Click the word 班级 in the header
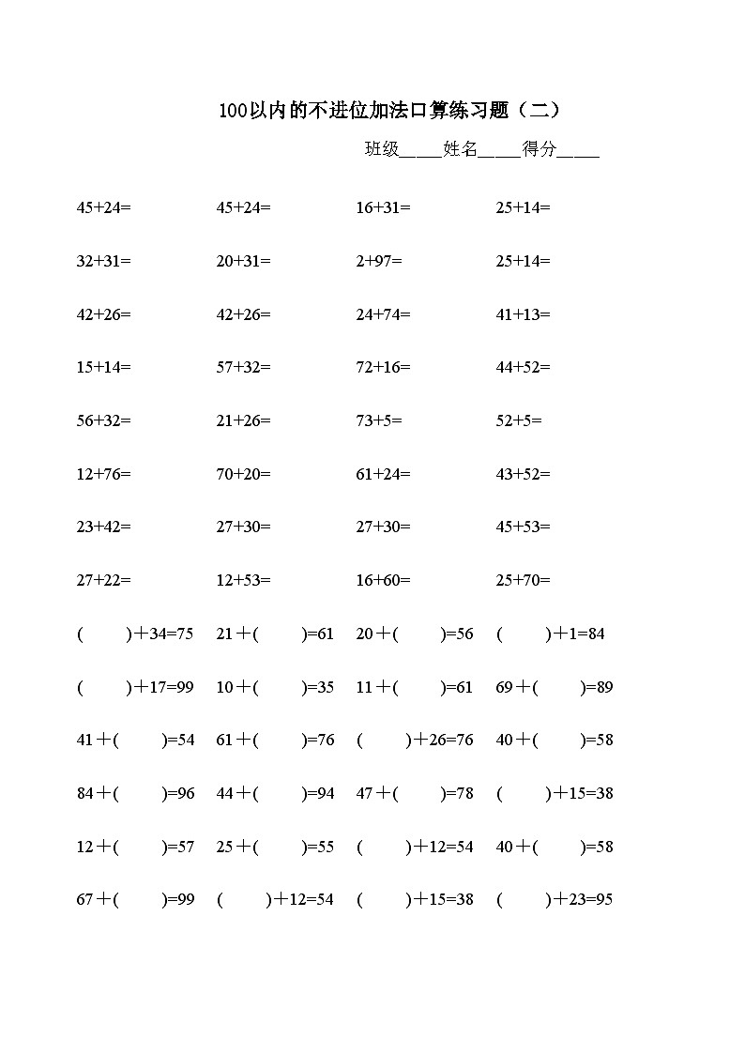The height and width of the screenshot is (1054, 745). click(382, 148)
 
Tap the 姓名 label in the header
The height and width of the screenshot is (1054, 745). click(461, 148)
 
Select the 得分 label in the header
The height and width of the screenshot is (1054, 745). click(540, 148)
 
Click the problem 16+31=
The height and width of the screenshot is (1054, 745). click(383, 207)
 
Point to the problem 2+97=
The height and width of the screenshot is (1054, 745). click(379, 261)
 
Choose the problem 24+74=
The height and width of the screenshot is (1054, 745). click(383, 314)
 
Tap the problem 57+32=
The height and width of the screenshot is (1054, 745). click(243, 367)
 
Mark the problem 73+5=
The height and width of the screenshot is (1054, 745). click(379, 421)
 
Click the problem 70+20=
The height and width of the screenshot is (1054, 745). click(243, 474)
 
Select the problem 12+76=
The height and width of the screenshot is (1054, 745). click(103, 474)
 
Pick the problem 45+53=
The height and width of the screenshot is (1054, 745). click(523, 527)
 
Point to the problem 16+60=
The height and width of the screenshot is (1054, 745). click(383, 580)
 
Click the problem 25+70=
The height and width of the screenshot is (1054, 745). click(523, 580)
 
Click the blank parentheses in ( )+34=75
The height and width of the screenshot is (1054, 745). click(104, 634)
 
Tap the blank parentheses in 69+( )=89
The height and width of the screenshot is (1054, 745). click(559, 688)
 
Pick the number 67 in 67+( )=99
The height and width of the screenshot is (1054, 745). click(84, 900)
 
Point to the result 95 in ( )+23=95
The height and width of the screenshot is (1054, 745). click(603, 900)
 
